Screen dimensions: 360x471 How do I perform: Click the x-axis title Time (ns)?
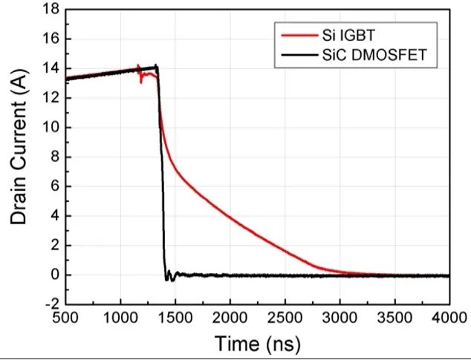click(x=256, y=344)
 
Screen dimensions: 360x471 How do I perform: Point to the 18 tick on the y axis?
click(x=51, y=10)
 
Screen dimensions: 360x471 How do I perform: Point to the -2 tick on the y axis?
click(x=51, y=304)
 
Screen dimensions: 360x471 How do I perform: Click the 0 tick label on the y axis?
click(x=53, y=275)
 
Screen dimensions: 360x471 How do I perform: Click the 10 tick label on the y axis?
click(x=51, y=128)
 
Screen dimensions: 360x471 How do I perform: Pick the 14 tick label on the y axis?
click(x=51, y=68)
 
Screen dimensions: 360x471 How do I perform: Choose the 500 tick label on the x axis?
click(x=66, y=318)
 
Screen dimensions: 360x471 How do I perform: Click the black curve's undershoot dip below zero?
click(x=167, y=280)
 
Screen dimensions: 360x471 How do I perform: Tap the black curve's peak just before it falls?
click(x=156, y=66)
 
